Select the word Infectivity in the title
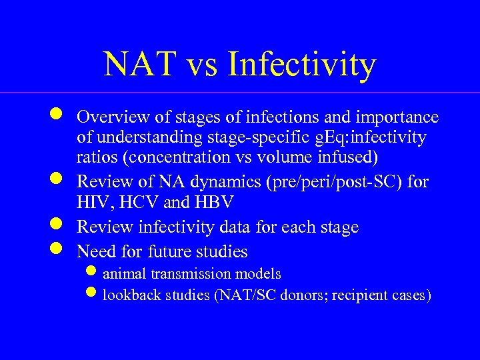coord(302,65)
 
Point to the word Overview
coord(111,117)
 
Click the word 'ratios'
coord(95,159)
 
